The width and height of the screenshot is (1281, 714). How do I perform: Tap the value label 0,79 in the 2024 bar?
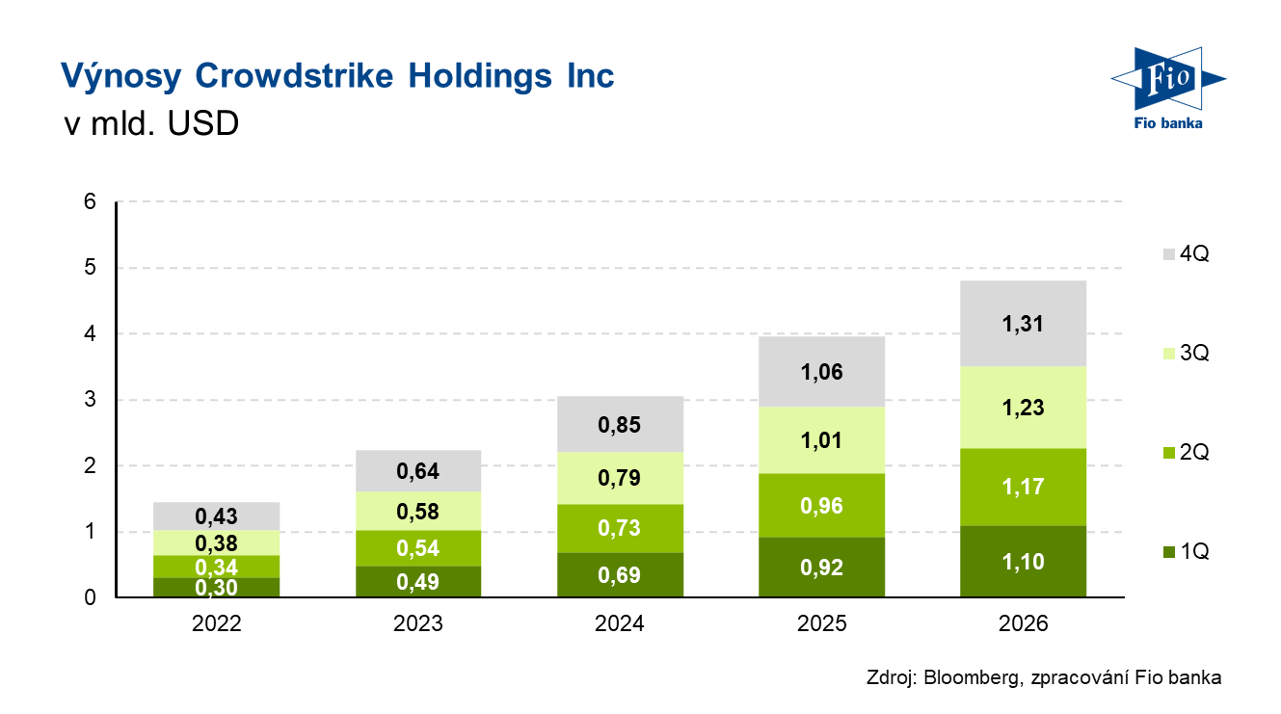click(621, 478)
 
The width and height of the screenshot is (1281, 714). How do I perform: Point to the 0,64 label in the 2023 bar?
click(418, 472)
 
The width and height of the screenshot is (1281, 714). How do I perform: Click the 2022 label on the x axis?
click(217, 623)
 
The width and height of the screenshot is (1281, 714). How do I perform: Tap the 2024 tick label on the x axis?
click(621, 623)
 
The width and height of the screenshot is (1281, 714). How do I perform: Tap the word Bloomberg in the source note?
click(969, 678)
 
